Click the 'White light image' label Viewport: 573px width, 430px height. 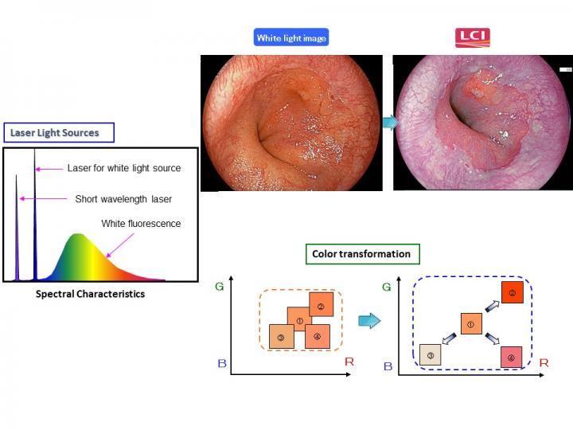(291, 37)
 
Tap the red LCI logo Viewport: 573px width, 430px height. (472, 37)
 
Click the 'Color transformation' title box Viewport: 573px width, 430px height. (362, 254)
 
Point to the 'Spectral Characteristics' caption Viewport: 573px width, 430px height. (91, 294)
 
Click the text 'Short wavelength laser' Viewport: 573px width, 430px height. (123, 198)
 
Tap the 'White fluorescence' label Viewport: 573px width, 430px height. (141, 223)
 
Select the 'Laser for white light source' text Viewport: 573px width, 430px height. (124, 168)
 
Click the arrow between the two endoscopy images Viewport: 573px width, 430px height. (388, 123)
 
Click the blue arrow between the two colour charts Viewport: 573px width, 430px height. (368, 320)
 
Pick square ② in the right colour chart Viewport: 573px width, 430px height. (513, 294)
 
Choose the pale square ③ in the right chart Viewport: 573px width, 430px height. (431, 355)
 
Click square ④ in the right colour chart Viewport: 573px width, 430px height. (510, 357)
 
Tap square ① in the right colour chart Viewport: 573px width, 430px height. (470, 324)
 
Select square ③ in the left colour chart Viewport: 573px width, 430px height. (282, 337)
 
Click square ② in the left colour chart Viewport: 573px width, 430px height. (320, 307)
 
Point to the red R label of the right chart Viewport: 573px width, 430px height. (544, 362)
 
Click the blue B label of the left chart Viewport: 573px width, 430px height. (222, 363)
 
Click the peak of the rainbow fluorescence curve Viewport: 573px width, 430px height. (76, 235)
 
